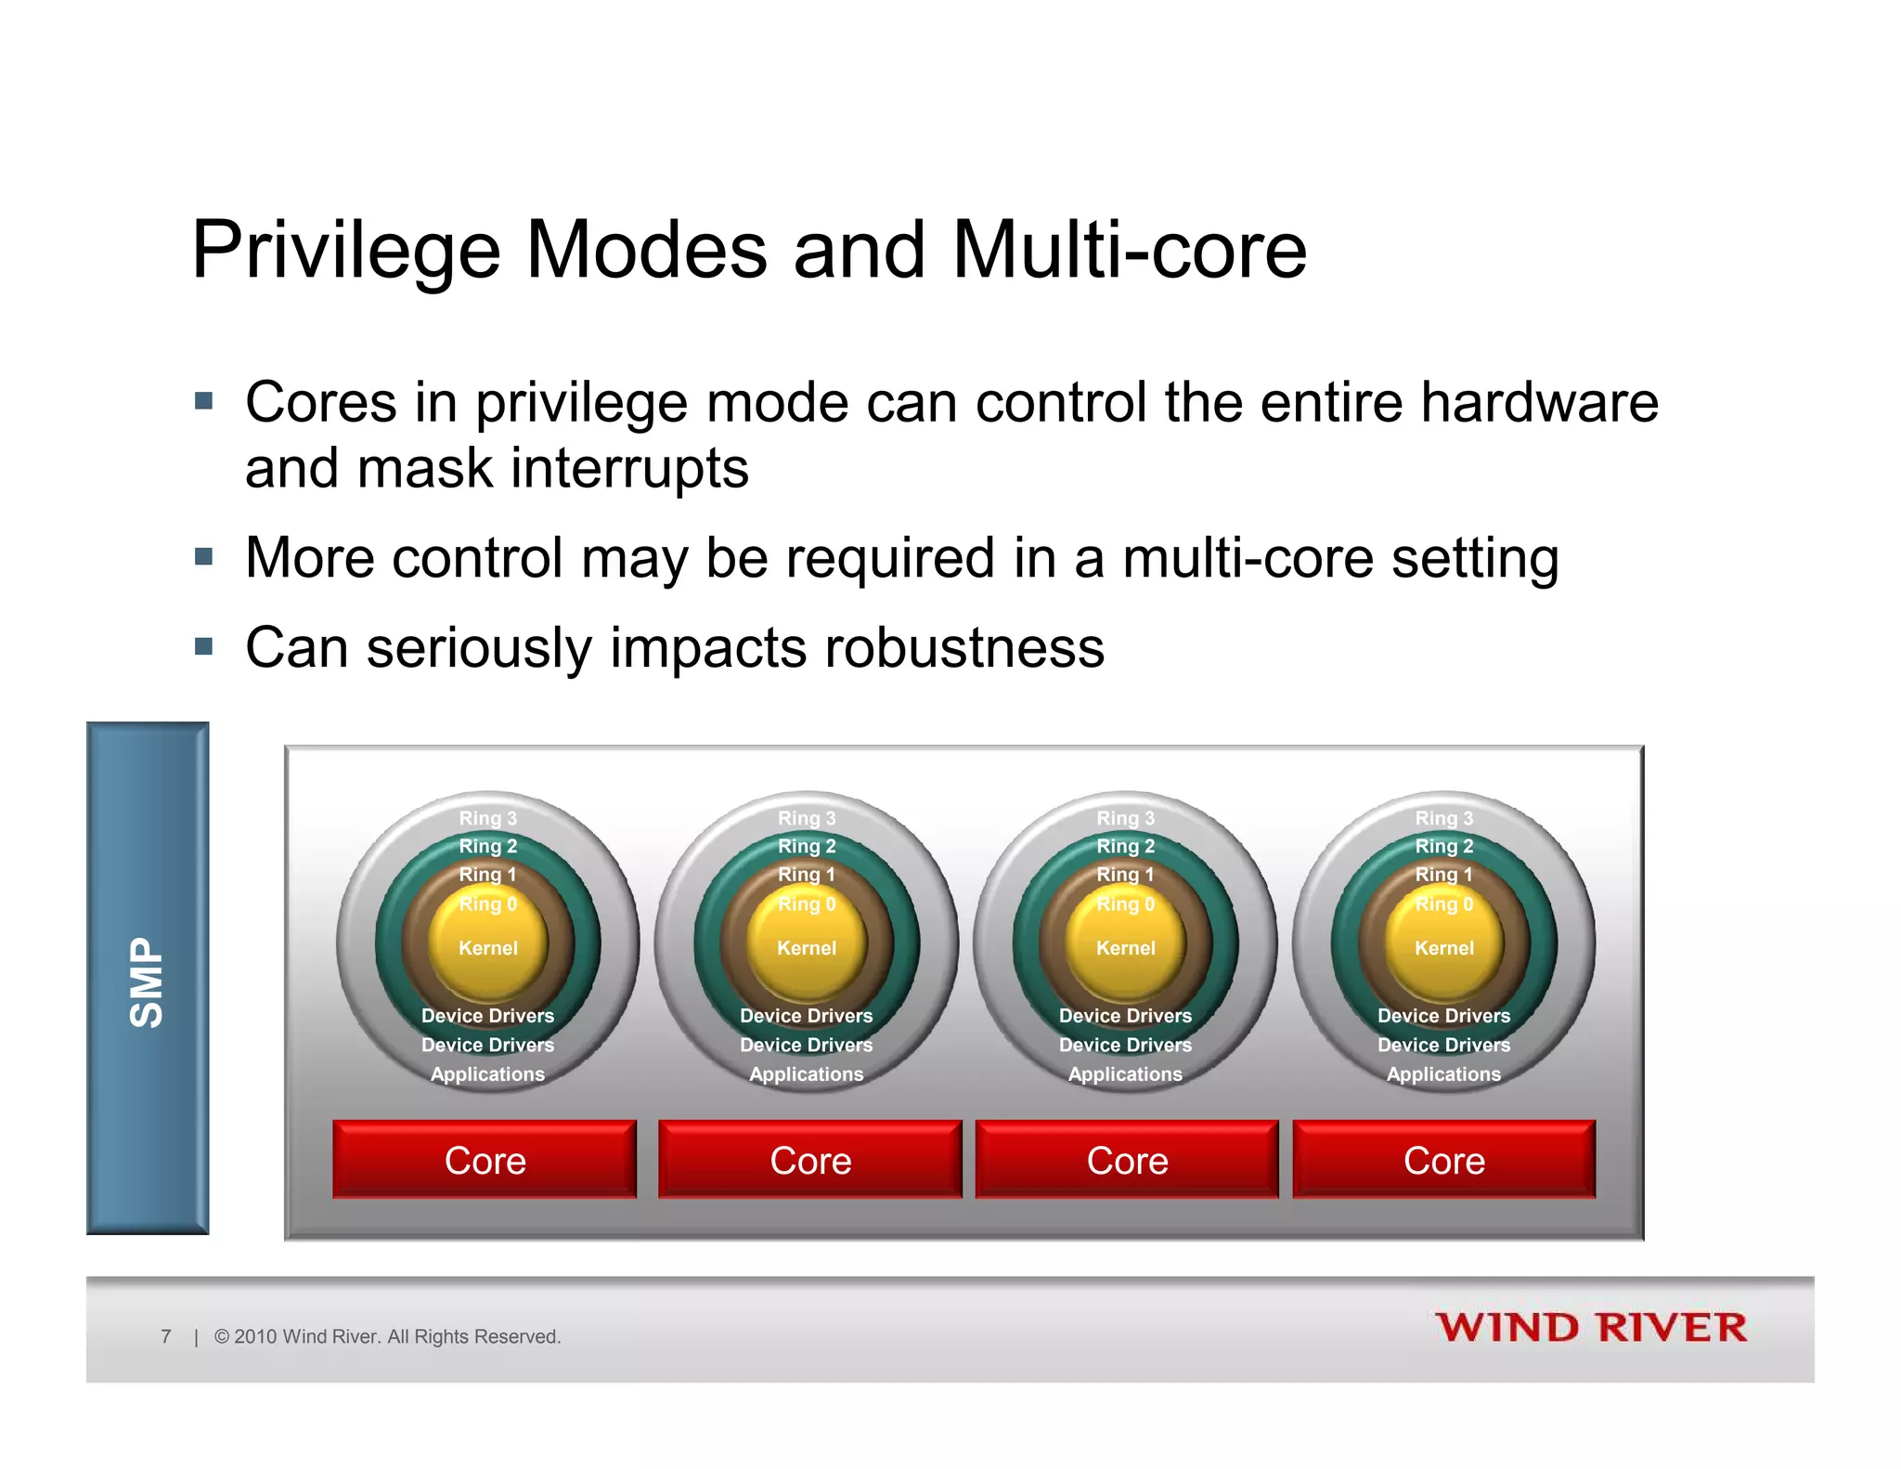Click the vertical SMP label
147,981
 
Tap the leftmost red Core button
485,1160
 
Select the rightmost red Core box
1443,1160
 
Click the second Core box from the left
809,1160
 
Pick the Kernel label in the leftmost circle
487,948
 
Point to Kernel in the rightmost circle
1443,948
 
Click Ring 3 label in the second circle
806,818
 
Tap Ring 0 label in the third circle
1125,903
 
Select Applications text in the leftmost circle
487,1074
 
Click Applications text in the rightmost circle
1443,1074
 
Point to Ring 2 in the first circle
487,846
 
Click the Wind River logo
1590,1328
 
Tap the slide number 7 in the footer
166,1336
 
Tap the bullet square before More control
204,557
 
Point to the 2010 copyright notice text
388,1336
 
